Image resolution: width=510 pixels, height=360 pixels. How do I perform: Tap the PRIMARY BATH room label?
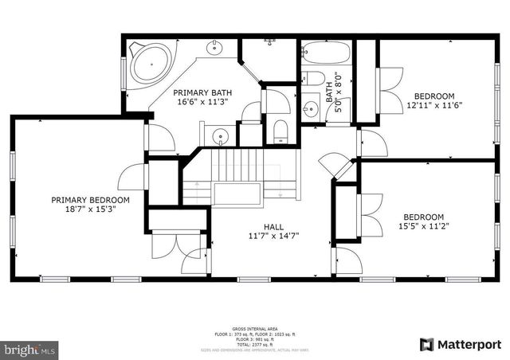(x=204, y=92)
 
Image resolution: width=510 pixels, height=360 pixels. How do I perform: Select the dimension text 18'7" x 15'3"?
(x=90, y=210)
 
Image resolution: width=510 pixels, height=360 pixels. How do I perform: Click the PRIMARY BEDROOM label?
(x=90, y=200)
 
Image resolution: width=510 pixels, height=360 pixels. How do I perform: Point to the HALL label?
(x=274, y=226)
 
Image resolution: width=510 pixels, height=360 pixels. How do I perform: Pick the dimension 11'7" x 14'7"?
(x=274, y=236)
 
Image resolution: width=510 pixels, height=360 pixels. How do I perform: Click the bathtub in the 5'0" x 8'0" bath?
(x=327, y=54)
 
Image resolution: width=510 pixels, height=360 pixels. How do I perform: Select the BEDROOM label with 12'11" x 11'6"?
(x=434, y=95)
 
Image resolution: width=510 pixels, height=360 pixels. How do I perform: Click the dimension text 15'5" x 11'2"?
(x=422, y=227)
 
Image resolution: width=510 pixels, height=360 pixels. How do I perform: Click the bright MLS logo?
(x=30, y=349)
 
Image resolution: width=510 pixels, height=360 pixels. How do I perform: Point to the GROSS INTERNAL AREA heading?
(x=254, y=328)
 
